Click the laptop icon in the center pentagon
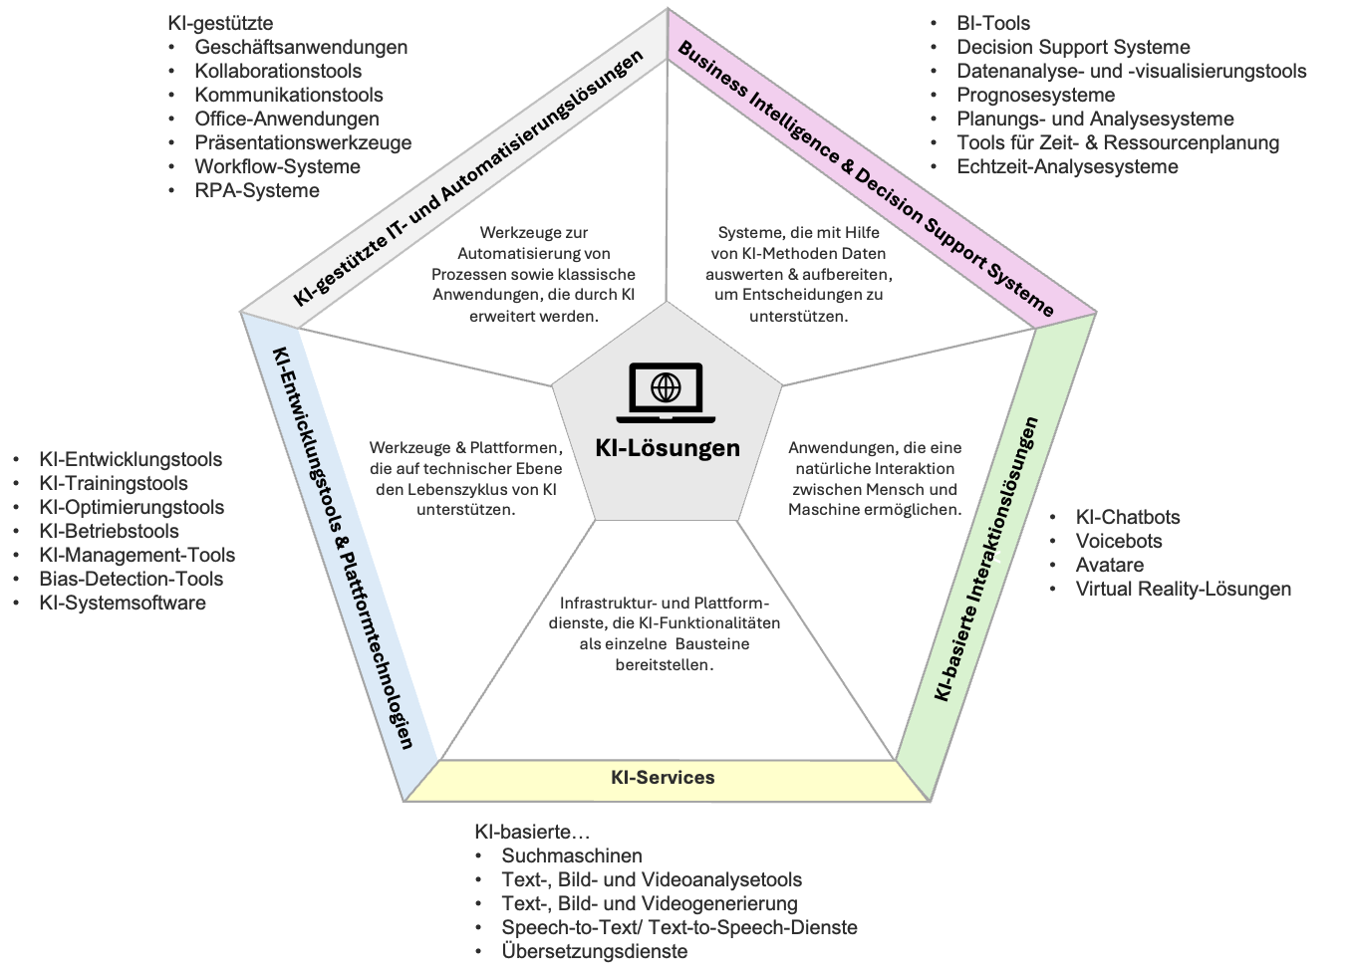pos(666,392)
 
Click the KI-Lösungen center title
pos(668,448)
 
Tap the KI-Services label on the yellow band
pos(663,777)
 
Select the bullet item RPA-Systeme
pos(257,190)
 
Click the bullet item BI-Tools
pos(993,23)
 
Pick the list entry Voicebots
pos(1119,541)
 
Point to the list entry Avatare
pos(1110,565)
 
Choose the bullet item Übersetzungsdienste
pos(595,951)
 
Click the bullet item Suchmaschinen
pos(572,855)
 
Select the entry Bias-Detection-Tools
pos(132,579)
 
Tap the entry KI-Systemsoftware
pos(123,603)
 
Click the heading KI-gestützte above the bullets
pos(221,24)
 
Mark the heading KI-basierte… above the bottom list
pos(532,832)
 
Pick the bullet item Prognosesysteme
pos(1035,95)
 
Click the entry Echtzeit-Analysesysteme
pos(1067,166)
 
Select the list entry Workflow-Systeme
pos(277,166)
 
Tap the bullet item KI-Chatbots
pos(1128,517)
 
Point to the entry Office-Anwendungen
pos(287,119)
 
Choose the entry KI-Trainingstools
pos(114,483)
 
